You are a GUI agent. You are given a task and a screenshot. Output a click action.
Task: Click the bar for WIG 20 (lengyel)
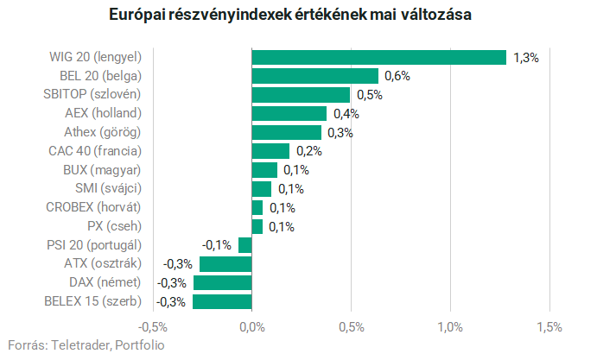378,57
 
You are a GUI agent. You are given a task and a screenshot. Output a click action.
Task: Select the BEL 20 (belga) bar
314,76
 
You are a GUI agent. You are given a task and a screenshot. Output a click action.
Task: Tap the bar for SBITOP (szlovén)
301,94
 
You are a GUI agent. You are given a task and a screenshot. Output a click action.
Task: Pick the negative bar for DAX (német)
222,282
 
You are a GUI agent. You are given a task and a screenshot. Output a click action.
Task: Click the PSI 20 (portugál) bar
244,245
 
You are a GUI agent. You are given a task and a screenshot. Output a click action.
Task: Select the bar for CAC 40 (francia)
270,151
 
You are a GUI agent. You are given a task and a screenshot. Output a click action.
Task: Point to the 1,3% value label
525,58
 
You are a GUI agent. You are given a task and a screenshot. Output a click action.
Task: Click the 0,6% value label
397,76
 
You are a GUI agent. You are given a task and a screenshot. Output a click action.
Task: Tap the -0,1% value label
217,245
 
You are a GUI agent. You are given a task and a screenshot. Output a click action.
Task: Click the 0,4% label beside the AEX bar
345,114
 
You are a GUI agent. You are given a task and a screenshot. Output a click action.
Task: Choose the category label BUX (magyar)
102,169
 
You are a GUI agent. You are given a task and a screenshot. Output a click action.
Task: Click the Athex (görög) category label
102,132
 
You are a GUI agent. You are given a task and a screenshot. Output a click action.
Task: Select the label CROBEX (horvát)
92,207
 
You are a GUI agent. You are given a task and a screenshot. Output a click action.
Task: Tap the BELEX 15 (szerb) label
92,301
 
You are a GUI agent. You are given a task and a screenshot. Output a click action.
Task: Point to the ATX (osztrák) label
102,263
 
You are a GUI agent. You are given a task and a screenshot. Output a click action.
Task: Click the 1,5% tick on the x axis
549,327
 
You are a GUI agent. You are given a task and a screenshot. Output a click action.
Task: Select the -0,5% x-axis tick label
153,327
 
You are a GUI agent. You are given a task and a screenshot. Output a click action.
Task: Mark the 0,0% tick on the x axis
251,327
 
